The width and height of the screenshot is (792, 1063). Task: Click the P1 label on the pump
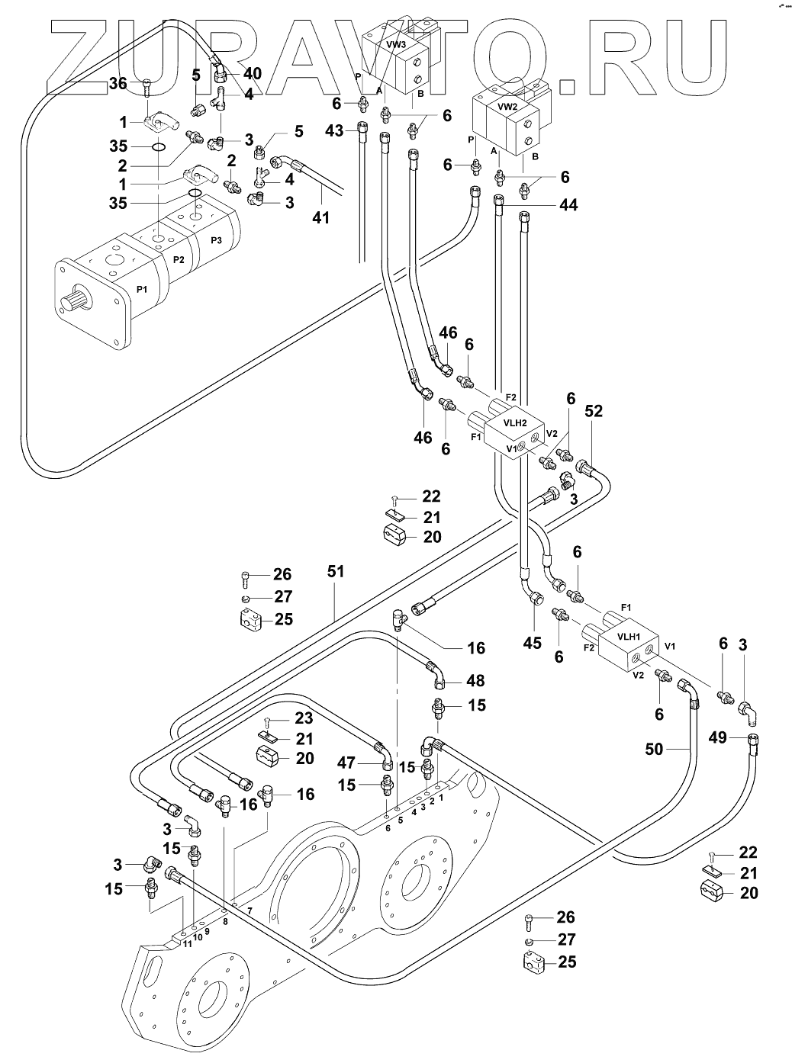pos(141,289)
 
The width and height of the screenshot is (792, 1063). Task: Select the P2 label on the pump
pos(179,259)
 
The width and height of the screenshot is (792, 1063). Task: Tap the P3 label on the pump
pos(217,240)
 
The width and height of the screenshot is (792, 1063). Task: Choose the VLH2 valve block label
pos(514,423)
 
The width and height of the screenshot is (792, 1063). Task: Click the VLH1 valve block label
pos(629,637)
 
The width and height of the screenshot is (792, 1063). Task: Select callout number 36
pos(118,83)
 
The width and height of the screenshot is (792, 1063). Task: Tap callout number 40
pos(253,73)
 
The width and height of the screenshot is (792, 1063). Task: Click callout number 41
pos(321,217)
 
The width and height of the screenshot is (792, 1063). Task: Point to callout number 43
pos(334,130)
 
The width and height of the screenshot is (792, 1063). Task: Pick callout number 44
pos(568,205)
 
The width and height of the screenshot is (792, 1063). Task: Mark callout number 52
pos(594,411)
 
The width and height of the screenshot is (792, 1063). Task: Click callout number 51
pos(336,571)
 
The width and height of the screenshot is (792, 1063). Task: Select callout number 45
pos(532,643)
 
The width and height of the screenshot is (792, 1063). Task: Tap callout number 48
pos(475,680)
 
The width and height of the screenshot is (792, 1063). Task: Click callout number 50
pos(655,749)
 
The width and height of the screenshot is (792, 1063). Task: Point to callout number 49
pos(718,737)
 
